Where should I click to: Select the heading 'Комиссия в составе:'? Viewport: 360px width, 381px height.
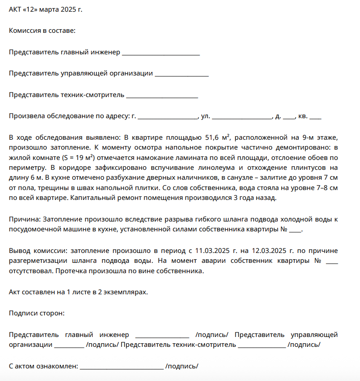tap(42, 31)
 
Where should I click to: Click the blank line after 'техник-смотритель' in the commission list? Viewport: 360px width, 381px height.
tap(162, 95)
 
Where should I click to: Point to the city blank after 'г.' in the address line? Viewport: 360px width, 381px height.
tap(168, 116)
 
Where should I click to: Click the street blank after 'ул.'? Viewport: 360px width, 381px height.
tap(242, 116)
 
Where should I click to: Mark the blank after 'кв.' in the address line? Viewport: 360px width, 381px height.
tap(315, 116)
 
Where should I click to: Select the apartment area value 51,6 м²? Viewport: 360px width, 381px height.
tap(218, 138)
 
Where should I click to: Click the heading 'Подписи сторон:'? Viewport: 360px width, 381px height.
tap(36, 313)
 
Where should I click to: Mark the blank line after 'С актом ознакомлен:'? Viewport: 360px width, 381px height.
tap(122, 367)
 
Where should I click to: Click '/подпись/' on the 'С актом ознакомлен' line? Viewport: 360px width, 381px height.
tap(182, 367)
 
